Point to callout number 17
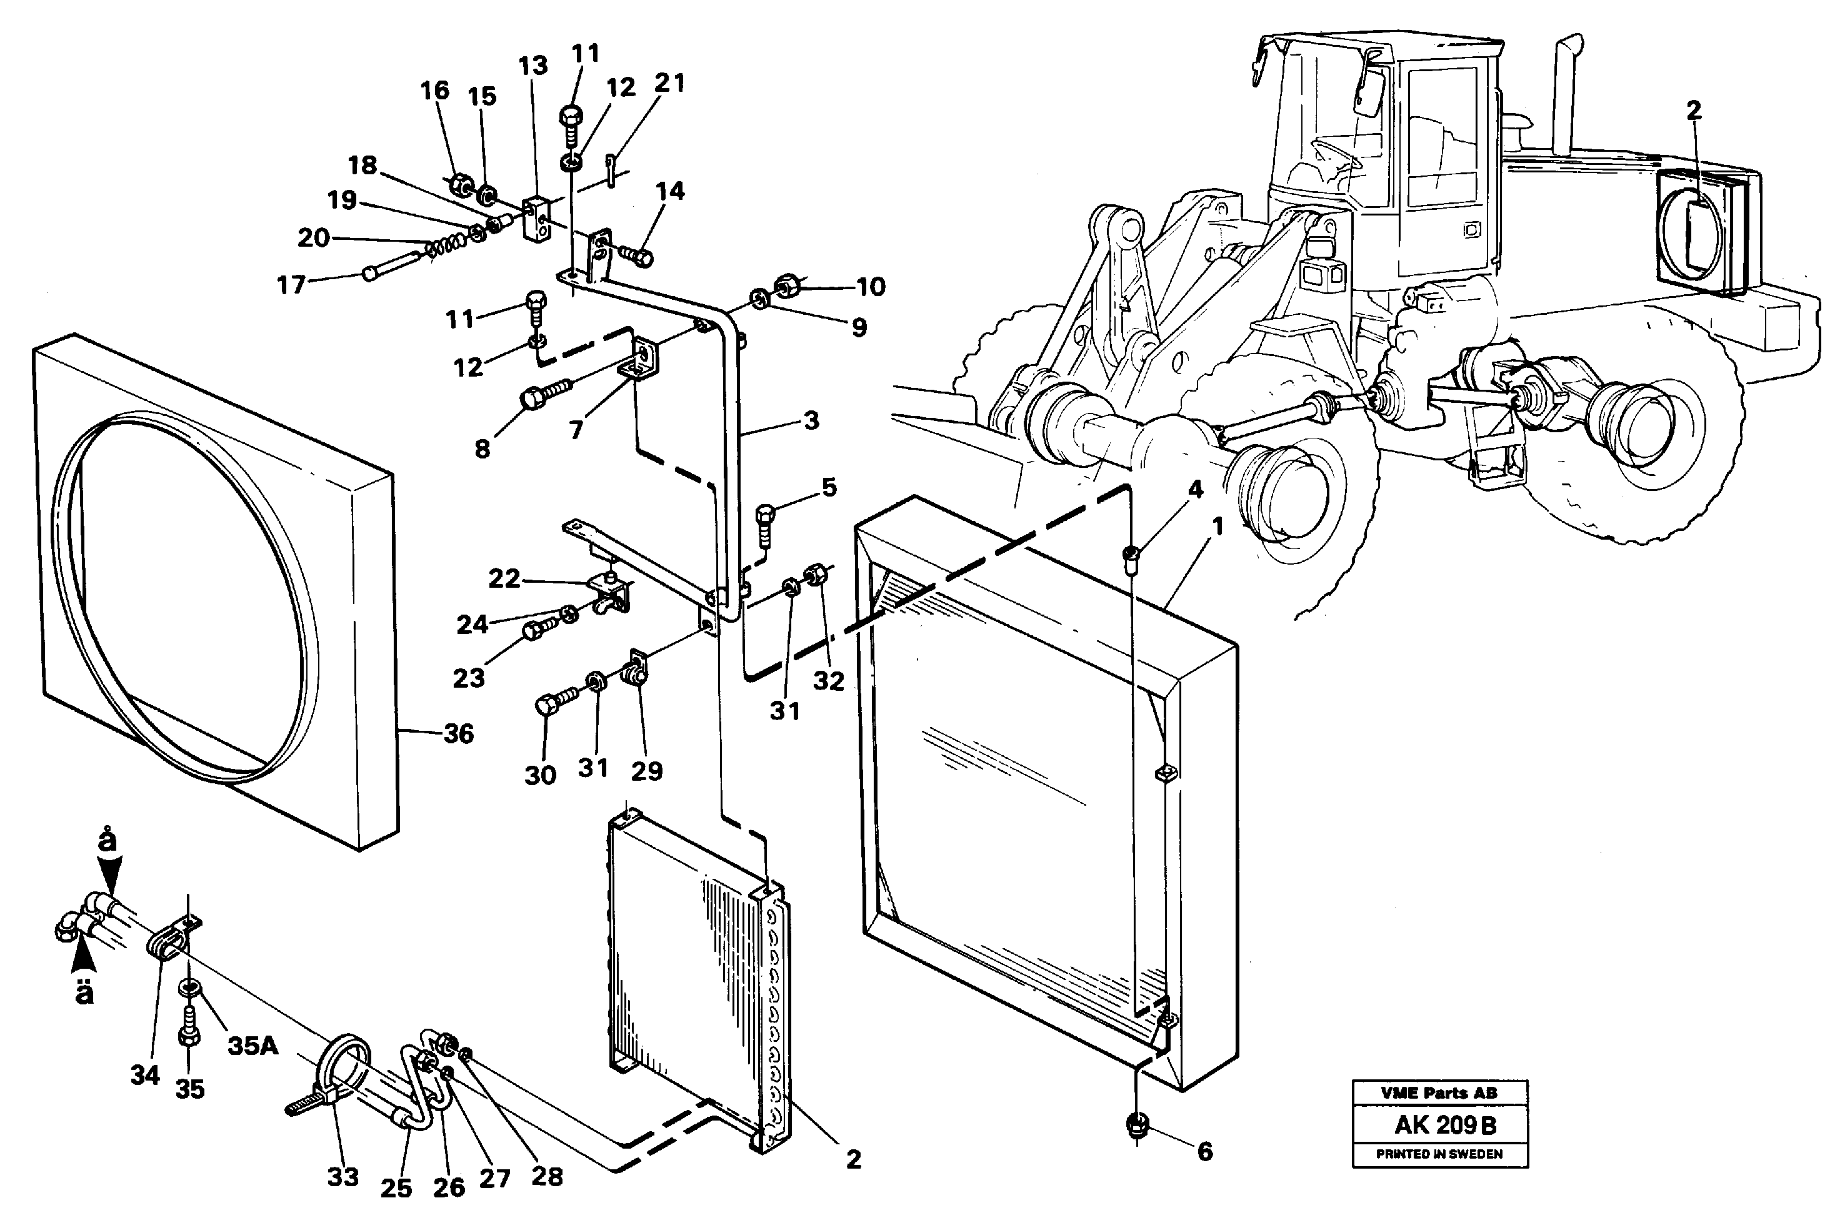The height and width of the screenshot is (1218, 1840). [291, 285]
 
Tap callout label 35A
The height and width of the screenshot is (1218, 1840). [252, 1046]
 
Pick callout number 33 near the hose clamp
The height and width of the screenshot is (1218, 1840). [342, 1177]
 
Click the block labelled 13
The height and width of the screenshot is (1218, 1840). [536, 217]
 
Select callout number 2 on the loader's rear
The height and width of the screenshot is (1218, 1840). [1694, 111]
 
